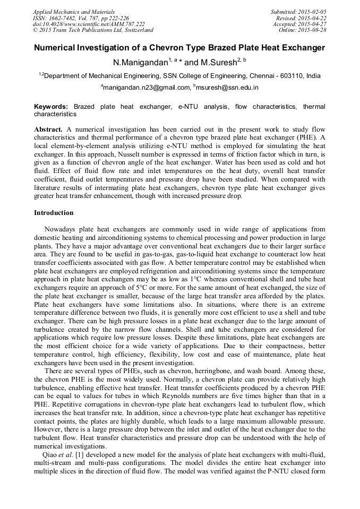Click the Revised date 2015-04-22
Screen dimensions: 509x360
pos(314,18)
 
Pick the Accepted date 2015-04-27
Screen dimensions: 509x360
pos(313,24)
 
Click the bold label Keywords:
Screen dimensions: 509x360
pos(51,107)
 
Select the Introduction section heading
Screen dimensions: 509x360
pos(54,213)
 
